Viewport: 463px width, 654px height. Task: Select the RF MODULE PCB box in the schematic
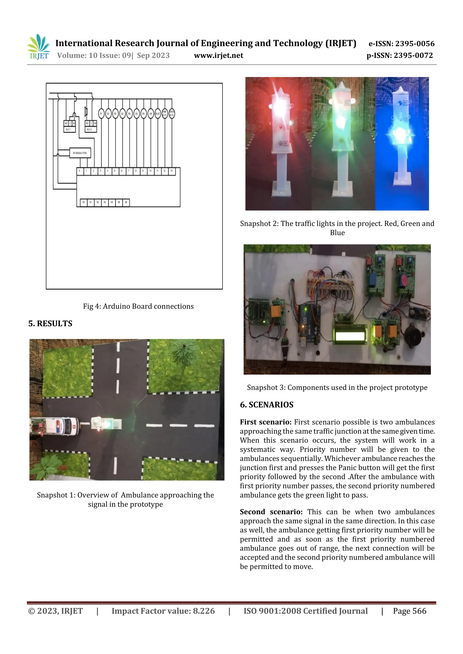[80, 153]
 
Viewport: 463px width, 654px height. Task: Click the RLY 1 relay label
[68, 130]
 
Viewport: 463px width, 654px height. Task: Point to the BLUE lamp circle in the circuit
[158, 114]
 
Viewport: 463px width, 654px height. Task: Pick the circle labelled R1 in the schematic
[101, 114]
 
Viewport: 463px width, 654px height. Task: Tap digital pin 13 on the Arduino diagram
[171, 171]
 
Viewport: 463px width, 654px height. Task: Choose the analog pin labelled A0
[84, 202]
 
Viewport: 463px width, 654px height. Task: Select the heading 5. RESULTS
[50, 324]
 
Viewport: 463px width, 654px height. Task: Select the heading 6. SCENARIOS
[267, 405]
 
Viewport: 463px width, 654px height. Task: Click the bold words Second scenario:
[271, 512]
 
